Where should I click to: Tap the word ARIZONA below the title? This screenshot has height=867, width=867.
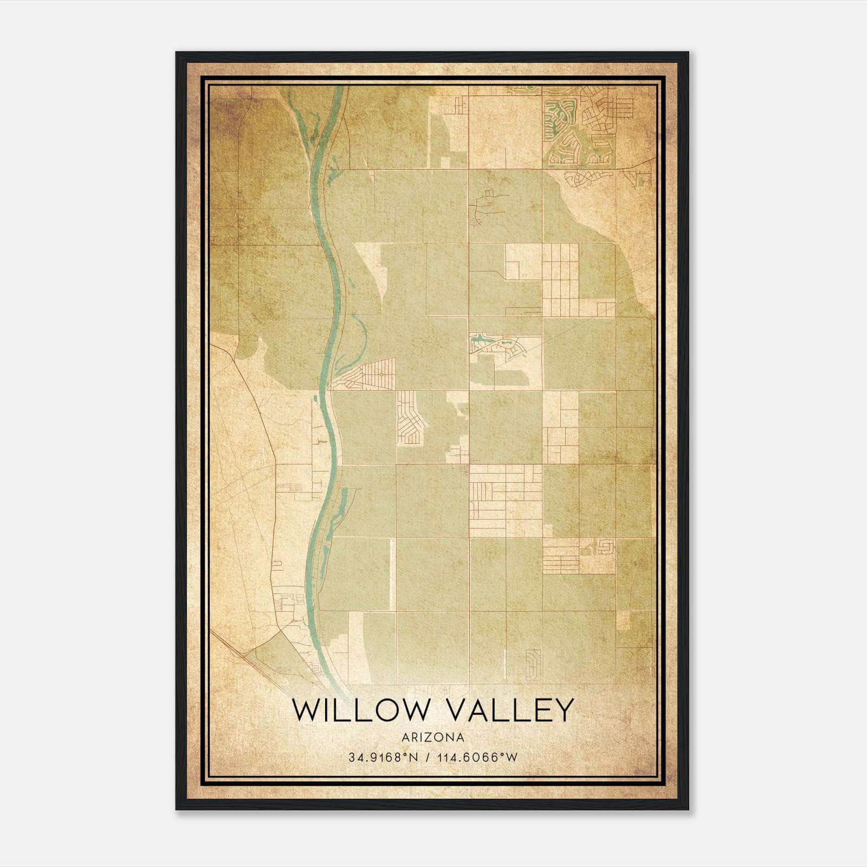click(x=433, y=737)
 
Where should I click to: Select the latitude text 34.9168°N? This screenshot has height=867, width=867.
click(x=383, y=758)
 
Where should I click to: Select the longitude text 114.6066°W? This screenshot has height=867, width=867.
click(x=478, y=758)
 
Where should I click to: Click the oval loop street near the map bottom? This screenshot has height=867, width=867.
click(x=533, y=664)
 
